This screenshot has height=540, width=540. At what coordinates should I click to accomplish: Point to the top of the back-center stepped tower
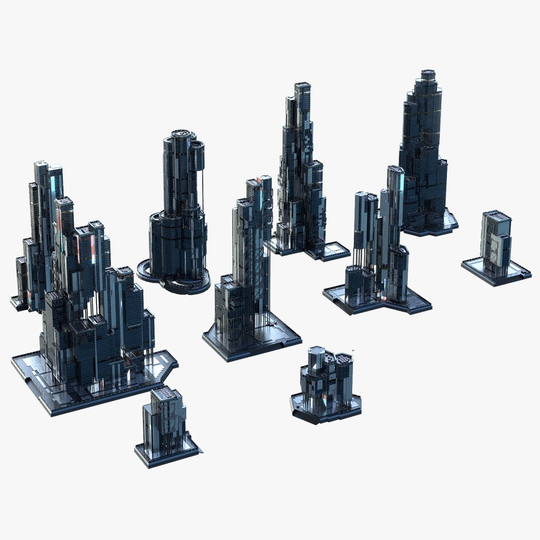[x=302, y=87]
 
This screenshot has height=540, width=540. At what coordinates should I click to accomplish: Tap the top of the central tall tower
[x=260, y=182]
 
